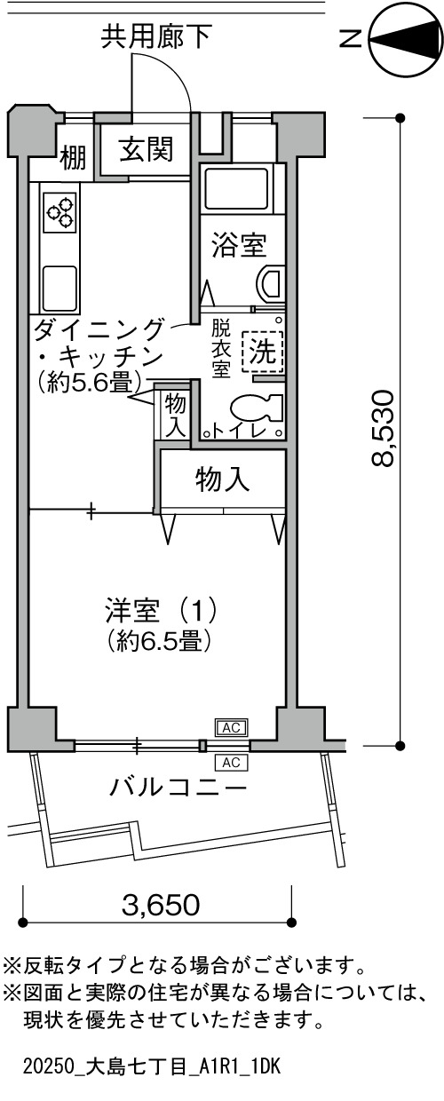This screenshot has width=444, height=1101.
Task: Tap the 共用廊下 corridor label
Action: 157,37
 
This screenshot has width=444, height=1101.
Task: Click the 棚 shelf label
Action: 73,158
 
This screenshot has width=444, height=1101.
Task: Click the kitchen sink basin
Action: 60,288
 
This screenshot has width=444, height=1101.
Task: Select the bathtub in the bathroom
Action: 236,191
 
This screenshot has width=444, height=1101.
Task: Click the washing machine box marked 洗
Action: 263,351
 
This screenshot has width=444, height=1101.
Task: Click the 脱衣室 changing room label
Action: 221,348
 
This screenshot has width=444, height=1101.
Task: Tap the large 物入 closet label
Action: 222,479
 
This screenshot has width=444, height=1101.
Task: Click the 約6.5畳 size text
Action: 159,640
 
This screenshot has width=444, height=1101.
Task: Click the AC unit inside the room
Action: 231,727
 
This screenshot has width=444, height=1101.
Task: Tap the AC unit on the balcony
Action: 231,763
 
